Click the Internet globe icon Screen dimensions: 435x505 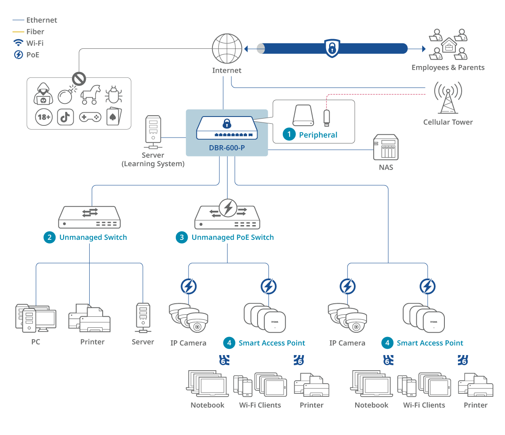[x=227, y=49]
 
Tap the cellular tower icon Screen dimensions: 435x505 [x=448, y=98]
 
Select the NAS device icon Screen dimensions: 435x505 [x=385, y=147]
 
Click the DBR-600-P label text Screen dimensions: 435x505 [x=227, y=148]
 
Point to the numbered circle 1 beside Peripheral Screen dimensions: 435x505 [x=289, y=135]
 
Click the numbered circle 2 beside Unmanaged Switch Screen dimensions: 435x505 [x=50, y=237]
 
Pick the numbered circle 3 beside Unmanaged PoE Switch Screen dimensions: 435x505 [x=182, y=237]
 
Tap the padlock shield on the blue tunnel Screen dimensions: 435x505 [x=332, y=48]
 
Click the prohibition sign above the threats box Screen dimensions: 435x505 [x=79, y=78]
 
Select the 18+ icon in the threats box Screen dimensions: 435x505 [x=44, y=117]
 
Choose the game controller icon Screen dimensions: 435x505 [x=90, y=117]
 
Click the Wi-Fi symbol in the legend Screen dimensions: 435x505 [x=18, y=43]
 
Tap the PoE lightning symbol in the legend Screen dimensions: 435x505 [x=19, y=55]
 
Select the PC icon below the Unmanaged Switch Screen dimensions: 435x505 [x=35, y=318]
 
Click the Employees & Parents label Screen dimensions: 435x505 [x=448, y=68]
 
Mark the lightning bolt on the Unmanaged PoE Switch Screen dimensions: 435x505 [x=228, y=207]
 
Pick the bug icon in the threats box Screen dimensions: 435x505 [x=113, y=95]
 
